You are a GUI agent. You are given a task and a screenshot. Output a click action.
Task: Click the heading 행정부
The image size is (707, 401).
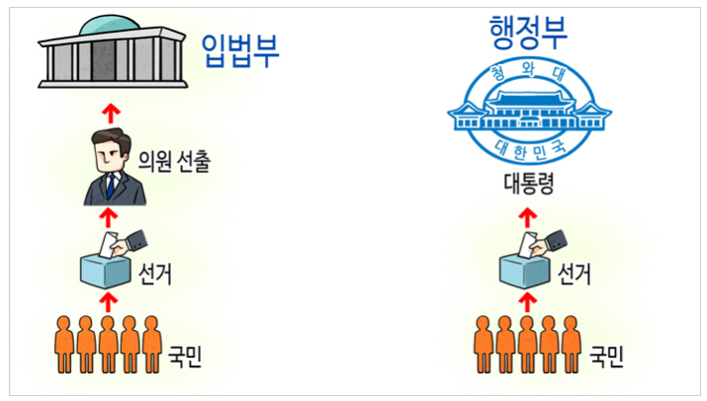coord(528,33)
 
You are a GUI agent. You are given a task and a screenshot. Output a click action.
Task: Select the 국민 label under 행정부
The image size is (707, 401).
coord(606,354)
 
